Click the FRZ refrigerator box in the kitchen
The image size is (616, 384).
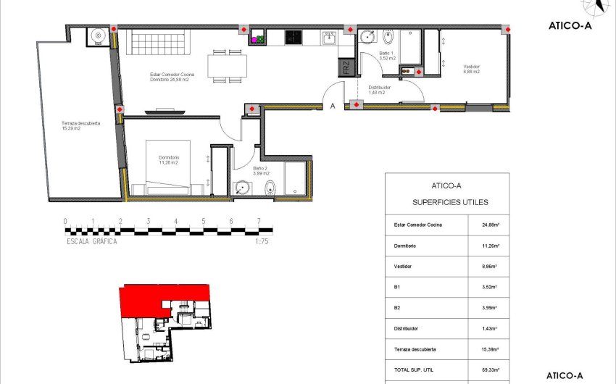(346, 68)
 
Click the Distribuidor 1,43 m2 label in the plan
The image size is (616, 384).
(379, 90)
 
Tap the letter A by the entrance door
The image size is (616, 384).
(333, 106)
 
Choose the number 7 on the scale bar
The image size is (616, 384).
(259, 222)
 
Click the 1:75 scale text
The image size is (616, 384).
(262, 242)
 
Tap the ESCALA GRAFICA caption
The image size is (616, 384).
(91, 242)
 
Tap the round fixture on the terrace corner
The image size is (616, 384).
(97, 35)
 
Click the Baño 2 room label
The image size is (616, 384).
(261, 171)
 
